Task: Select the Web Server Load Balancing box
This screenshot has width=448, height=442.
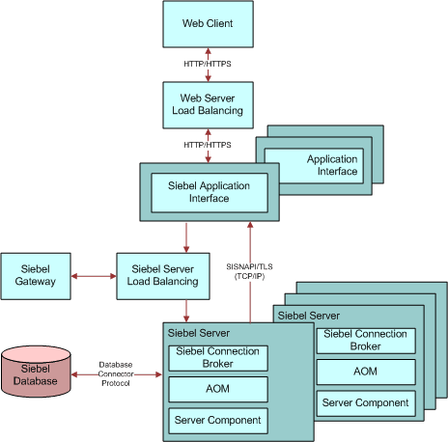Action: [208, 104]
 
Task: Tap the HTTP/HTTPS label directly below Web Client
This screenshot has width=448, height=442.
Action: [208, 65]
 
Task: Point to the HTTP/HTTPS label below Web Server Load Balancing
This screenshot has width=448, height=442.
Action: [208, 144]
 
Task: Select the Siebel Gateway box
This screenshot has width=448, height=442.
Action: [36, 275]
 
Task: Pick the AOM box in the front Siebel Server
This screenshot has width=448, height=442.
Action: [217, 389]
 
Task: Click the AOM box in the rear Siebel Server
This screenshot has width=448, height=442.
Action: [365, 372]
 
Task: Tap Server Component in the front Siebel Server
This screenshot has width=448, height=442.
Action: [217, 421]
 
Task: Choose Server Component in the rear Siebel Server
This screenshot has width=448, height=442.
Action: [365, 402]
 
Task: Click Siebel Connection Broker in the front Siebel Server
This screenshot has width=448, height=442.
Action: [217, 357]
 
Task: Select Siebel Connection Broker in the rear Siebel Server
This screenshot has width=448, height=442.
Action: [365, 340]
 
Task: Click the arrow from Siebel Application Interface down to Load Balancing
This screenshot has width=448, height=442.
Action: [186, 236]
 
